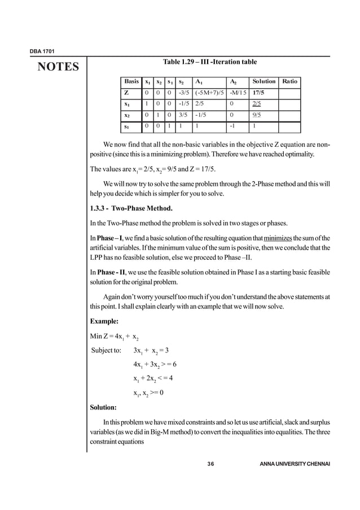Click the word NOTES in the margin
click(x=58, y=68)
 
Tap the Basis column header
click(x=131, y=81)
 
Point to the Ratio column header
click(x=289, y=81)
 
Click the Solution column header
click(x=264, y=81)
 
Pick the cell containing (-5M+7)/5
click(x=209, y=93)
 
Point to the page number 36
click(x=210, y=464)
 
